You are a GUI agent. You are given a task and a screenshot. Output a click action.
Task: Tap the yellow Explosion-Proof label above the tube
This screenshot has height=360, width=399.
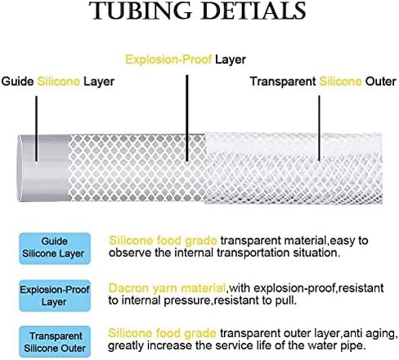click(x=168, y=60)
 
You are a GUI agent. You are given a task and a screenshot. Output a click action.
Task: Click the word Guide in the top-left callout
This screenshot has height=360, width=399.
click(x=17, y=81)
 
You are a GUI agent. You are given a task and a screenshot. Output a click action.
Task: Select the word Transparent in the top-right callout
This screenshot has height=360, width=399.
click(x=283, y=81)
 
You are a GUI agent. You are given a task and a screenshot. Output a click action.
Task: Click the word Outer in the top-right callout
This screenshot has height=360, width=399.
click(x=380, y=81)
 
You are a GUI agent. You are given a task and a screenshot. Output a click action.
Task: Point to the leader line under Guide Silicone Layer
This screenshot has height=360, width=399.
click(x=36, y=128)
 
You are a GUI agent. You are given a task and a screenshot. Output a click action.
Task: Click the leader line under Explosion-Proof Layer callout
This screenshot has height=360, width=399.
click(x=187, y=118)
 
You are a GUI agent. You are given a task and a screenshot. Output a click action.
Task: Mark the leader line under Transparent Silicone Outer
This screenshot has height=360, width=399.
click(x=319, y=128)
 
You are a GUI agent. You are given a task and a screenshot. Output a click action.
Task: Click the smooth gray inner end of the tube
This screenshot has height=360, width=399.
click(x=43, y=168)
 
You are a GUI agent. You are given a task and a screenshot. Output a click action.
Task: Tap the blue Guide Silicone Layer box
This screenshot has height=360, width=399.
click(x=55, y=248)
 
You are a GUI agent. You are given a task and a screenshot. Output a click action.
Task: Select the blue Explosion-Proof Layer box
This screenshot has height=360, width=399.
click(x=55, y=295)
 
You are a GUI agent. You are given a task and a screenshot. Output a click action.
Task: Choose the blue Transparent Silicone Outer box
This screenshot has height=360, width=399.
click(x=55, y=341)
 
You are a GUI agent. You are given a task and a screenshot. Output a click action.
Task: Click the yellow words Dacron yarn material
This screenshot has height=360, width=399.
click(x=167, y=288)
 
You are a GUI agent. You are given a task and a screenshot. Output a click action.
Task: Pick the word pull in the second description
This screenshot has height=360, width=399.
click(x=285, y=300)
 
